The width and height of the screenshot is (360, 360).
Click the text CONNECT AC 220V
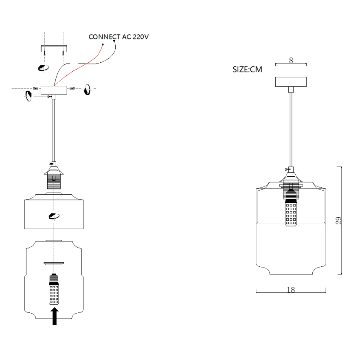tap(119, 37)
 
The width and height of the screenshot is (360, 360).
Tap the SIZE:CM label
tap(247, 69)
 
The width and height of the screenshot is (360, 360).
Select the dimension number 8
tap(291, 60)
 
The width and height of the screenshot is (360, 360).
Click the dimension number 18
tap(291, 290)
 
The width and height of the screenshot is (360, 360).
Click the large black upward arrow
tap(55, 316)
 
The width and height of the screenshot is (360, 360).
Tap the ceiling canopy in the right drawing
tap(291, 81)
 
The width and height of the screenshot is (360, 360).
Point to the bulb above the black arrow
tap(54, 290)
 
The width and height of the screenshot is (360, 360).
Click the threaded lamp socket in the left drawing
tap(54, 179)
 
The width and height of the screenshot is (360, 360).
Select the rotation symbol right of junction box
tap(87, 90)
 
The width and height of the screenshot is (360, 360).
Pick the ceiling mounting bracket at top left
tap(53, 48)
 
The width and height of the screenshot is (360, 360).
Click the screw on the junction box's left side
tap(36, 88)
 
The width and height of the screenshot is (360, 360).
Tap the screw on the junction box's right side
tap(72, 88)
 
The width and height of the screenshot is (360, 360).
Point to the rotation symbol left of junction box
tap(28, 97)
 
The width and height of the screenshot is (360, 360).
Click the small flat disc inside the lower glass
tap(54, 263)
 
